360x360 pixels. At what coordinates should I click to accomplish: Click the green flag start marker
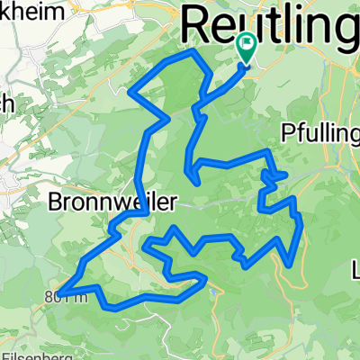(x=247, y=44)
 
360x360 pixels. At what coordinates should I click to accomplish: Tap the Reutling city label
(x=270, y=22)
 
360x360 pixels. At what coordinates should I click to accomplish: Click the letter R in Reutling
(x=200, y=22)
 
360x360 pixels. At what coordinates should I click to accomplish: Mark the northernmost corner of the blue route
(x=190, y=52)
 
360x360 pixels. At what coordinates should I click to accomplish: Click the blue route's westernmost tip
(x=61, y=290)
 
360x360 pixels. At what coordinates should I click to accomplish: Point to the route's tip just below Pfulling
(x=286, y=174)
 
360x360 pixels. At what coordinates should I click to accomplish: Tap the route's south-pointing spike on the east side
(x=288, y=265)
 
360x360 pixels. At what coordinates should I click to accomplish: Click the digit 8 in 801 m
(x=45, y=295)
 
